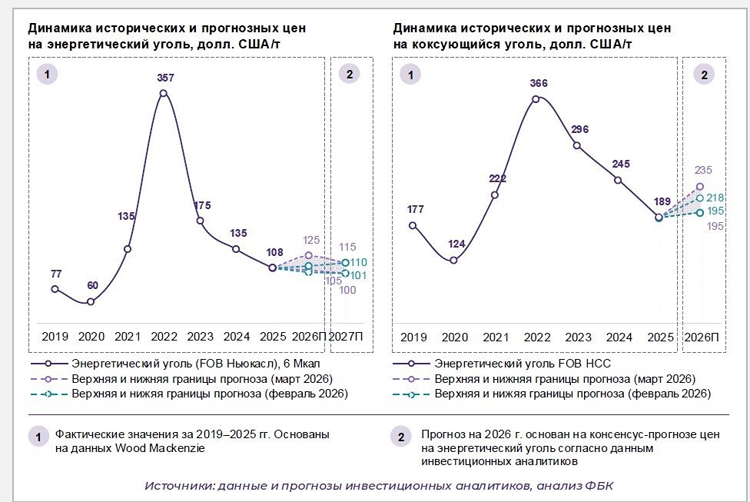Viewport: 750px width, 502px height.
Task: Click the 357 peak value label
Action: click(164, 78)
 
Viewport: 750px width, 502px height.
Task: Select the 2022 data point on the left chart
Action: click(164, 94)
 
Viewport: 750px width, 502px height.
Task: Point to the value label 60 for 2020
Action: click(91, 286)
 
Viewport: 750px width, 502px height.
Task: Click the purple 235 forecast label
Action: click(702, 171)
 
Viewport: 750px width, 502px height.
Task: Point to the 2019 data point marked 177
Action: click(413, 225)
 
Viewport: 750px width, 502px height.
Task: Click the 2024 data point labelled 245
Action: click(618, 180)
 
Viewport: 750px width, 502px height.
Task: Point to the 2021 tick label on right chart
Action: click(495, 337)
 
